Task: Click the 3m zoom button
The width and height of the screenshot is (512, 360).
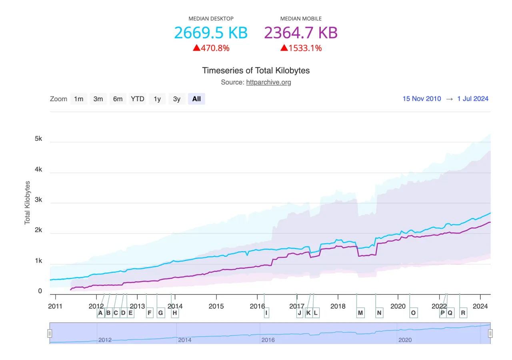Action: (98, 99)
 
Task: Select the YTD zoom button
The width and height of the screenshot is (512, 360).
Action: (138, 99)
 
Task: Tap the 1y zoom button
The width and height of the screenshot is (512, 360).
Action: (157, 99)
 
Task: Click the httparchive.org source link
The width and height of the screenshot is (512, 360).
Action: (268, 82)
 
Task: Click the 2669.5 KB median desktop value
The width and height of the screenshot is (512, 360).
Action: (211, 32)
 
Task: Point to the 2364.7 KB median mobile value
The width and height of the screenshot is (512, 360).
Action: (301, 32)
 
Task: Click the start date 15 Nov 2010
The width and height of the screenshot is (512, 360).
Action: (422, 99)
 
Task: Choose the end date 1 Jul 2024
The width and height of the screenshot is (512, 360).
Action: (473, 99)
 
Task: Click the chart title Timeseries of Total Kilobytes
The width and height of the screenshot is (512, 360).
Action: (256, 71)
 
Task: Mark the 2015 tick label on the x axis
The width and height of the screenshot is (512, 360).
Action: (216, 306)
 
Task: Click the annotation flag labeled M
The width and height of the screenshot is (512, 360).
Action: (360, 313)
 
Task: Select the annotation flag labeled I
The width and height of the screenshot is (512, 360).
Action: (266, 313)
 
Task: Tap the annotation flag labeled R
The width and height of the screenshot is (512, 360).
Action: (463, 313)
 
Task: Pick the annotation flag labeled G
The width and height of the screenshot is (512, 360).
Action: (160, 313)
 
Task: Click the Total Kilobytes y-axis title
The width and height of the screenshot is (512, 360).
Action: (28, 202)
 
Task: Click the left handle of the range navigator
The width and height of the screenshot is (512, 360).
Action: (50, 333)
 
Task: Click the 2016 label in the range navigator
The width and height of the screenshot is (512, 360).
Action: (268, 340)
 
